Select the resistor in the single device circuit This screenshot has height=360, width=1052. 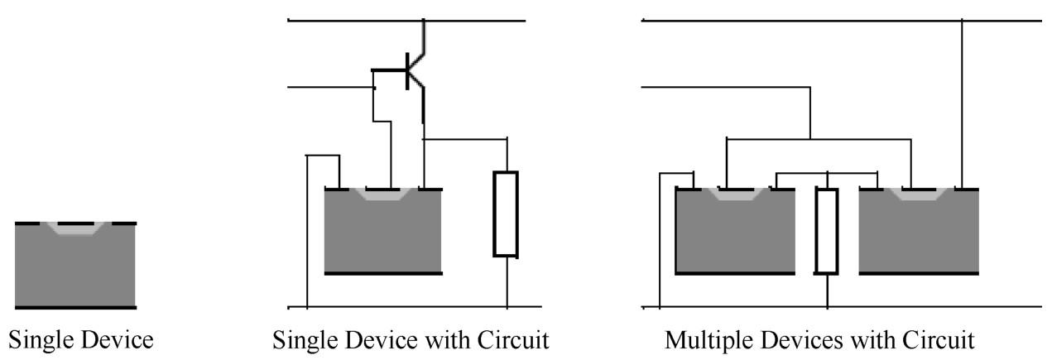pyautogui.click(x=505, y=214)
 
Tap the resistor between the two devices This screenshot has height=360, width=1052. pyautogui.click(x=827, y=231)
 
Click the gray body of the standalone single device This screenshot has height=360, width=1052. pyautogui.click(x=75, y=269)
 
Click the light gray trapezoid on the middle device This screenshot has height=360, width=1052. pyautogui.click(x=382, y=195)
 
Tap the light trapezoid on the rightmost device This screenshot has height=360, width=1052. pyautogui.click(x=920, y=195)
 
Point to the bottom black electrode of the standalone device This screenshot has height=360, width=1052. pyautogui.click(x=75, y=307)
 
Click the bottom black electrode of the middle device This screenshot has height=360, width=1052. pyautogui.click(x=382, y=272)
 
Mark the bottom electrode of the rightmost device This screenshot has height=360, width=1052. pyautogui.click(x=919, y=272)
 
